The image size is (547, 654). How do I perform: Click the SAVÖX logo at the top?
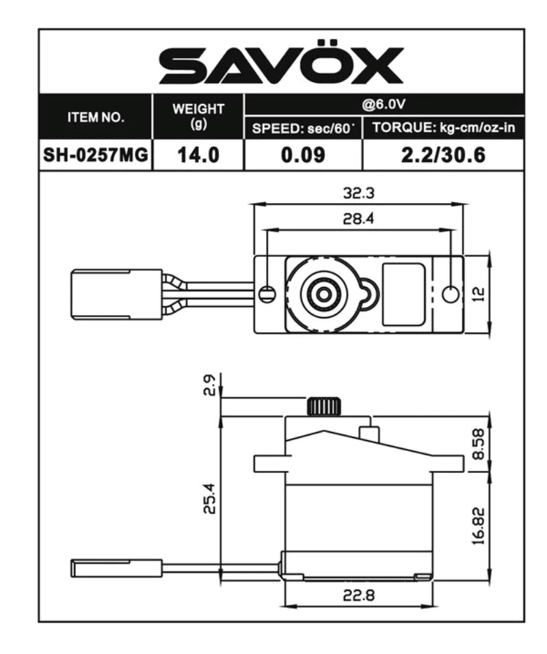coord(281,66)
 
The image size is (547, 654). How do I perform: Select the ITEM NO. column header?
coord(96,117)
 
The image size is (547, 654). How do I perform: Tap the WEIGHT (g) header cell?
coord(198,116)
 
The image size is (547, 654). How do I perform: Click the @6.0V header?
coord(384,104)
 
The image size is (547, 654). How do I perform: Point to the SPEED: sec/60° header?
coord(302,128)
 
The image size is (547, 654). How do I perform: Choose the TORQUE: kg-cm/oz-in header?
coord(443,128)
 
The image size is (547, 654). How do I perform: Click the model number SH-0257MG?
coord(96,155)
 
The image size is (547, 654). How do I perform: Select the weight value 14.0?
coord(198,155)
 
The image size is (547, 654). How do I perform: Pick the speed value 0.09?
coord(302,155)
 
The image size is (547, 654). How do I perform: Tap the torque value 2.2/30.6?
coord(443,155)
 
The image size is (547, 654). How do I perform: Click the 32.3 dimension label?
coord(358,193)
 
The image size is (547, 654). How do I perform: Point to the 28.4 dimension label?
coord(358,219)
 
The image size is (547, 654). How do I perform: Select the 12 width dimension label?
coord(479,294)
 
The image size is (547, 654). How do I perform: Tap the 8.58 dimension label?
coord(479,445)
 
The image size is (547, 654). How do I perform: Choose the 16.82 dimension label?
coord(479,526)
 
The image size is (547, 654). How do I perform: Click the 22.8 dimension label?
coord(358,595)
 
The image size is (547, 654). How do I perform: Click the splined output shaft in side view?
coord(323,407)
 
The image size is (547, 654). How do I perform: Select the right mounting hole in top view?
coord(450,294)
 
